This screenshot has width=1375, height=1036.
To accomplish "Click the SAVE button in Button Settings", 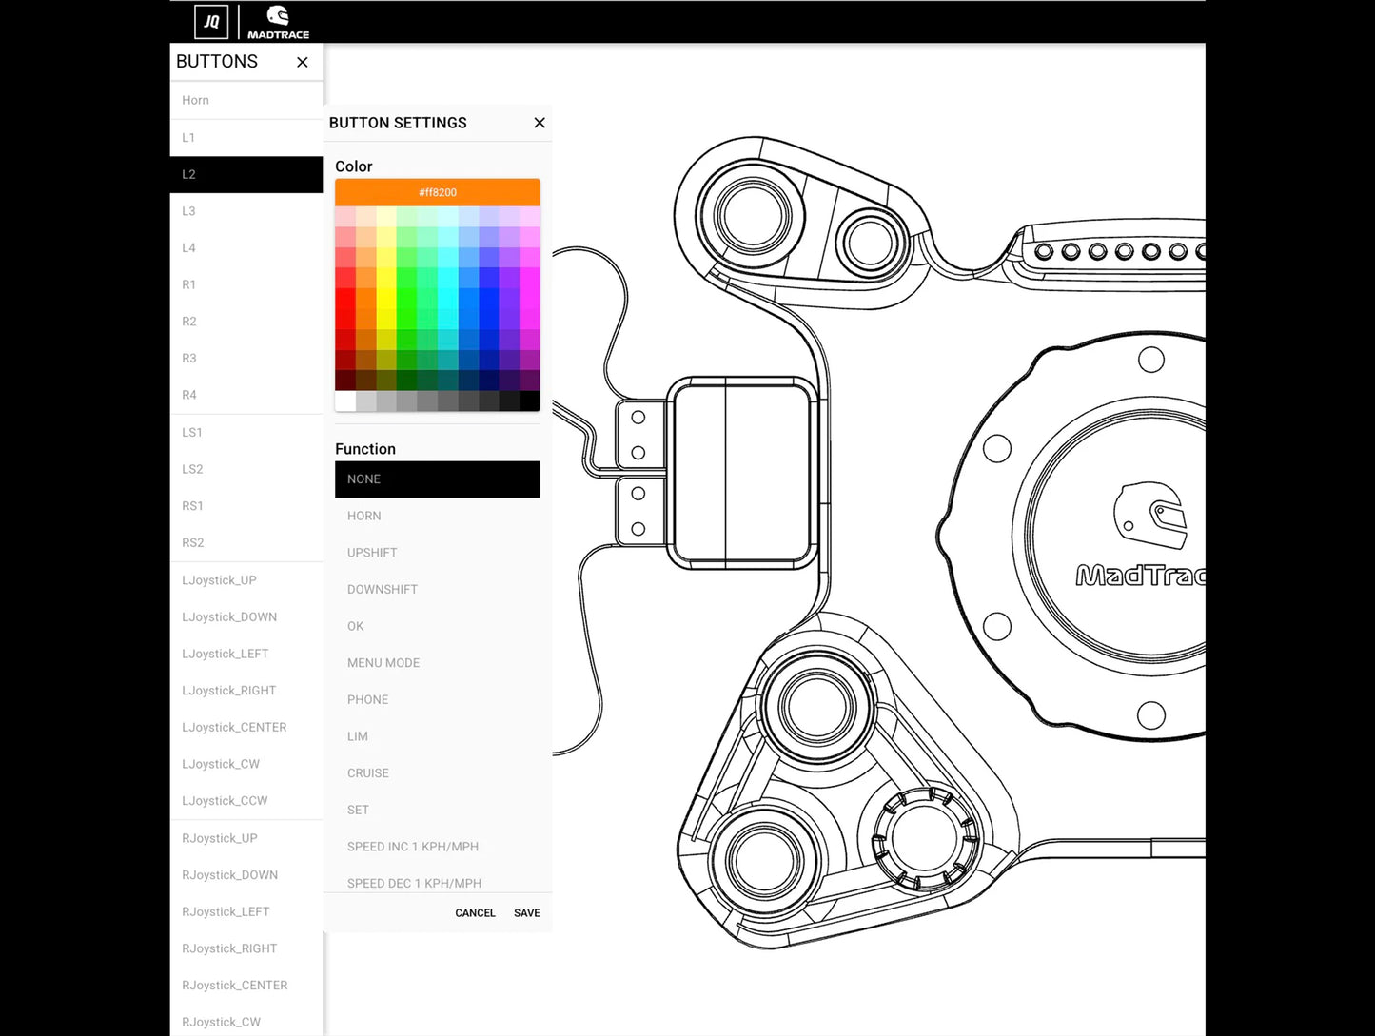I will tap(526, 913).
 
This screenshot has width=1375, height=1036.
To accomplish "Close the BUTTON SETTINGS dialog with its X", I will tap(540, 123).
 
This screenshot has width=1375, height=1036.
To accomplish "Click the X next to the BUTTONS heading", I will tap(303, 62).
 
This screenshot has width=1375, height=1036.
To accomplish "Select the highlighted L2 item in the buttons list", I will tap(246, 175).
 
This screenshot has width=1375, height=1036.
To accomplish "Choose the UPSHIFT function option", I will tap(372, 553).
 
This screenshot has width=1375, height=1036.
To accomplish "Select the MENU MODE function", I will tap(383, 663).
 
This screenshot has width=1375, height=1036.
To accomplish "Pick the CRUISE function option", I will tap(368, 773).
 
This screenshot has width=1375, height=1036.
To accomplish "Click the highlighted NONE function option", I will tap(437, 479).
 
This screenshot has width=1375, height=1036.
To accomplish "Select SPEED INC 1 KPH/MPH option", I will tap(413, 847).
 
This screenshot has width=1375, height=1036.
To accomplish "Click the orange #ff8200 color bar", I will tap(437, 192).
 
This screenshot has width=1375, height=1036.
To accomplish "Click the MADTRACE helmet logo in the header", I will tap(278, 22).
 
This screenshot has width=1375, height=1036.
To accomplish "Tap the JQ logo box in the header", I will tap(211, 22).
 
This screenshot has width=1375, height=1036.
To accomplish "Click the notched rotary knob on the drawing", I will tap(925, 837).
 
